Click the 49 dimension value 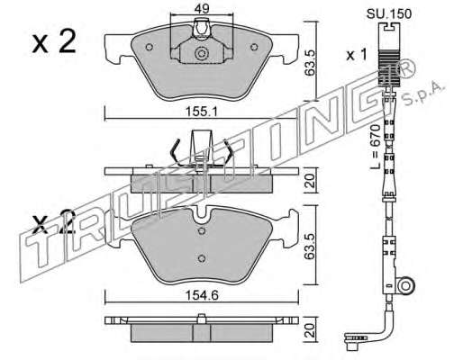pos(202,9)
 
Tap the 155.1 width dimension pos(202,112)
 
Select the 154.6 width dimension pos(202,296)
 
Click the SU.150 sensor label pos(389,13)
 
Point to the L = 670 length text pos(375,147)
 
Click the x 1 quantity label pos(357,55)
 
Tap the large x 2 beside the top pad pos(54,42)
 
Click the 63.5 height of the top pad pos(310,63)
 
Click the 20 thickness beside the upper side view pos(311,181)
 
